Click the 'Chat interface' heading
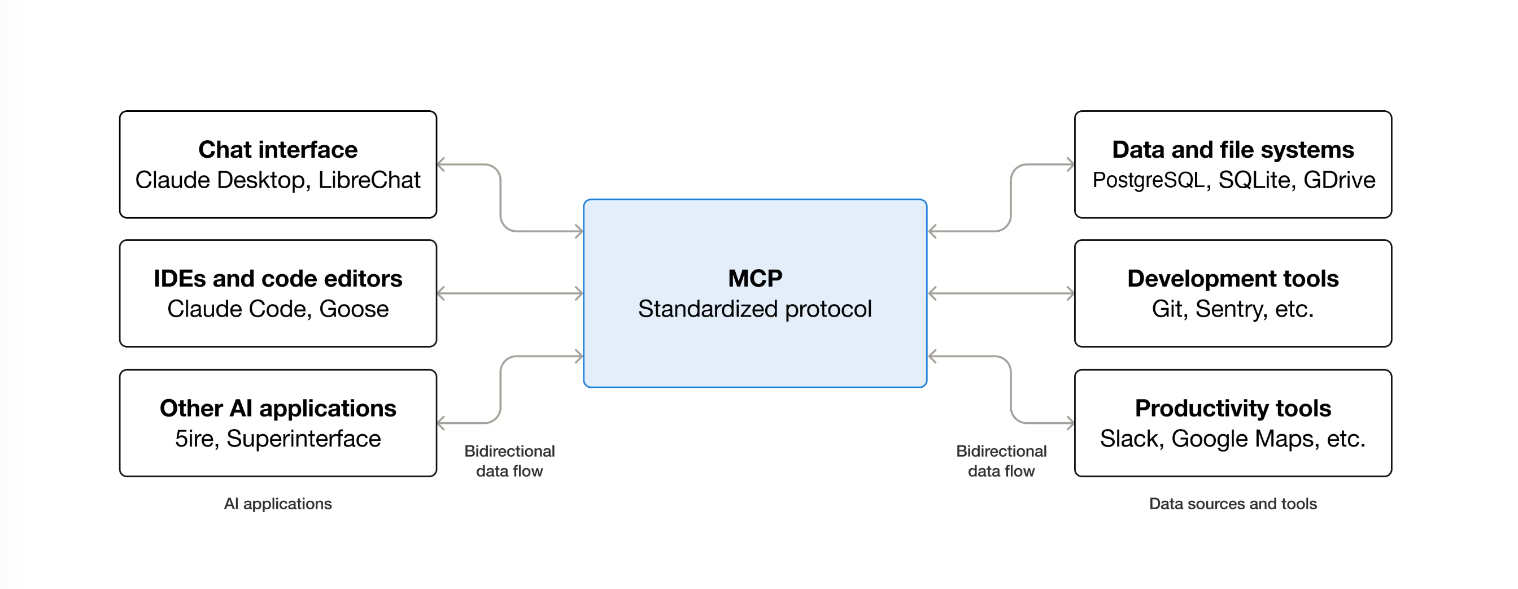click(277, 150)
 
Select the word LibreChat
click(369, 180)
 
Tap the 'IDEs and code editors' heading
click(277, 279)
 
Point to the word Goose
click(354, 310)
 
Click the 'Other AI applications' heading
click(277, 409)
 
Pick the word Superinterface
click(303, 439)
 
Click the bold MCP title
click(755, 278)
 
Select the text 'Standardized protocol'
click(755, 310)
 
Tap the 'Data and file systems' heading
click(1233, 150)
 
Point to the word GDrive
click(1339, 180)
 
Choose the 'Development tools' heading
click(1233, 279)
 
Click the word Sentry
click(1231, 310)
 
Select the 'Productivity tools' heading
click(1233, 409)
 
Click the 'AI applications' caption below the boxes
click(277, 504)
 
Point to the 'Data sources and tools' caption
click(1233, 504)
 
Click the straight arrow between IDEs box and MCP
click(511, 293)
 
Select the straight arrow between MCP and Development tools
click(1001, 293)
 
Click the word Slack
click(1131, 439)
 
